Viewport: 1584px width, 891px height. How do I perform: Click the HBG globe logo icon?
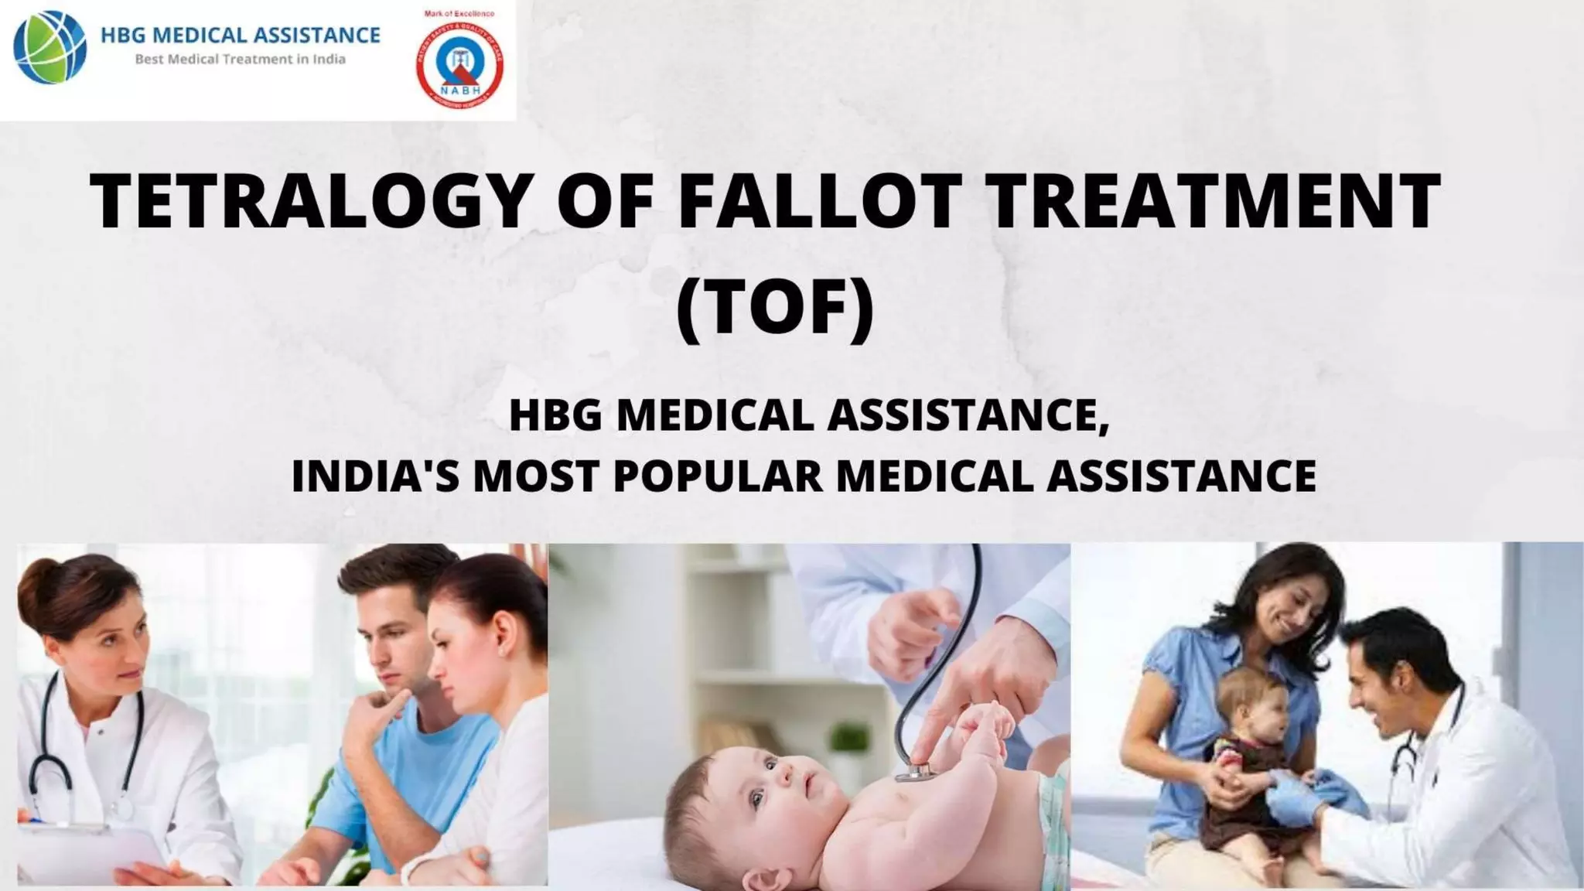tap(50, 46)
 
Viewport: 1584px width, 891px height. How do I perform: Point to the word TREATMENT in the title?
tap(1214, 203)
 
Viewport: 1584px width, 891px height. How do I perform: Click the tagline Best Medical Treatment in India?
tap(240, 60)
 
